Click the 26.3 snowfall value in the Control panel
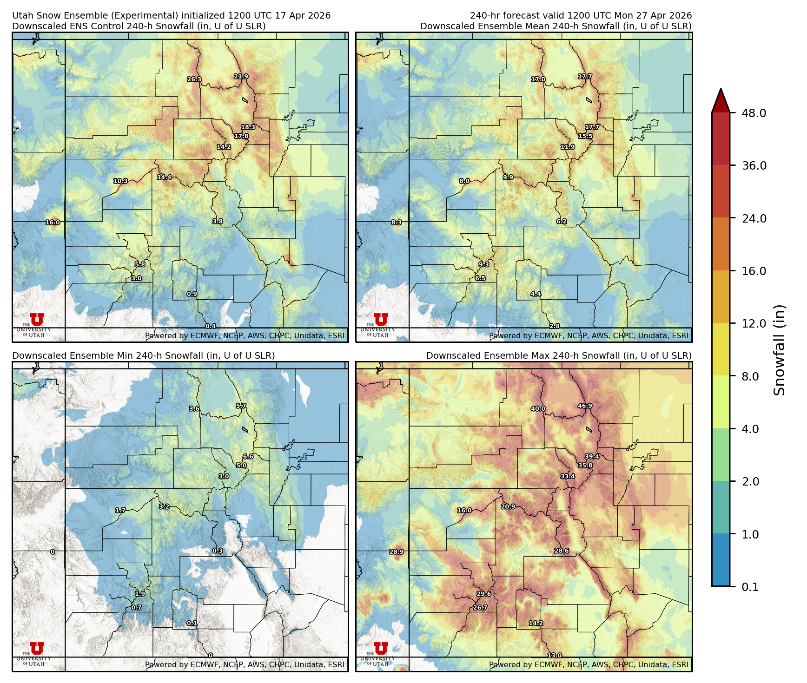pyautogui.click(x=194, y=79)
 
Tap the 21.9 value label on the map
pyautogui.click(x=241, y=77)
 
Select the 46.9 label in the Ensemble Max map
pyautogui.click(x=585, y=406)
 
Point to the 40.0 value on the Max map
pyautogui.click(x=538, y=409)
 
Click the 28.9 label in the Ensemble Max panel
pyautogui.click(x=397, y=552)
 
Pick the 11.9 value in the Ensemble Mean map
pyautogui.click(x=568, y=147)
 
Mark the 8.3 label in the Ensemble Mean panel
pyautogui.click(x=397, y=223)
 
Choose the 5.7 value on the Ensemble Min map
pyautogui.click(x=241, y=406)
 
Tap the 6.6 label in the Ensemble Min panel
pyautogui.click(x=248, y=457)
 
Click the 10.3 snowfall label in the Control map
pyautogui.click(x=120, y=181)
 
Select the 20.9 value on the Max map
pyautogui.click(x=508, y=507)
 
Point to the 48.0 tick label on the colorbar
pyautogui.click(x=754, y=113)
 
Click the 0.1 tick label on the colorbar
pyautogui.click(x=750, y=587)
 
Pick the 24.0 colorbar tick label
pyautogui.click(x=754, y=218)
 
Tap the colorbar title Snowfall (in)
pyautogui.click(x=780, y=350)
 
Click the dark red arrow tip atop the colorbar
pyautogui.click(x=721, y=99)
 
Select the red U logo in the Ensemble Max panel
pyautogui.click(x=381, y=648)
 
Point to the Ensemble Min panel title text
pyautogui.click(x=143, y=356)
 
